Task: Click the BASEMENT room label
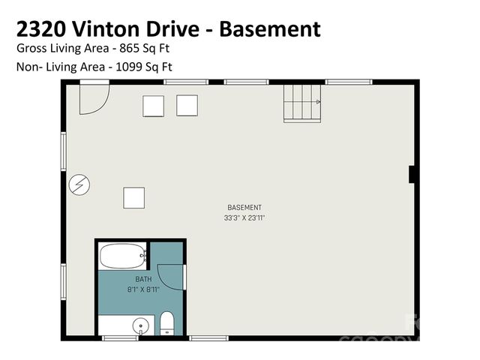244,208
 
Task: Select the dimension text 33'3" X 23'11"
244,217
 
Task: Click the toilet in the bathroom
167,324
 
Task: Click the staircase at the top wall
301,102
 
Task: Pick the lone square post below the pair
134,197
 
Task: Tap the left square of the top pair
153,106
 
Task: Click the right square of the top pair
187,105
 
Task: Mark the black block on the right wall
412,174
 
